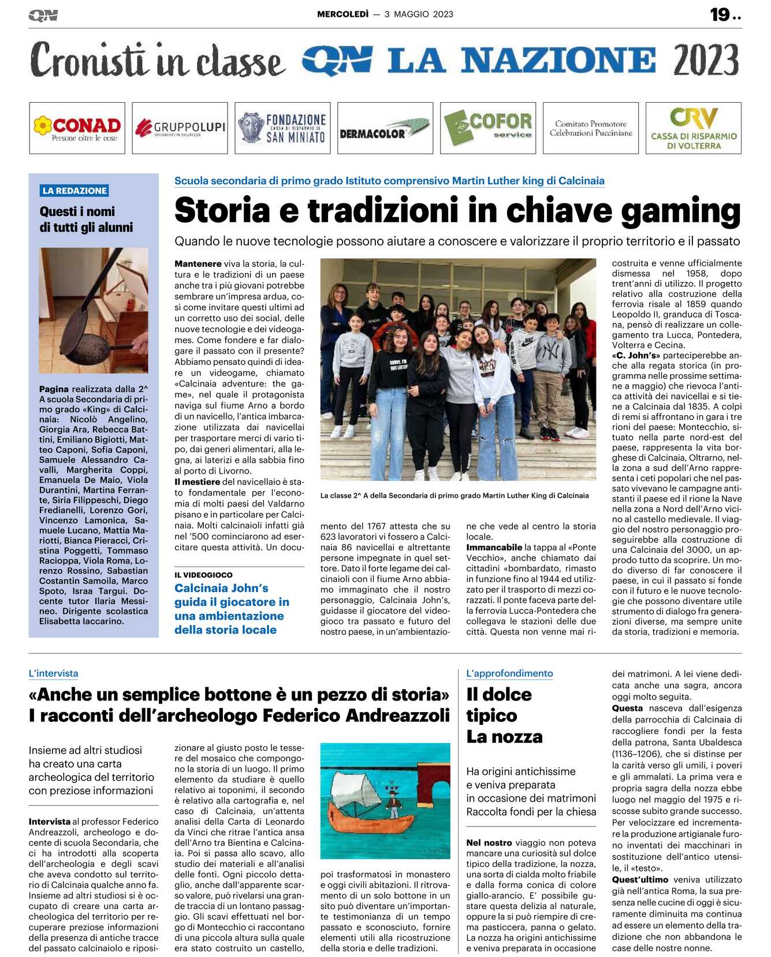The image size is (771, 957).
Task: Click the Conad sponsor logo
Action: pos(77,128)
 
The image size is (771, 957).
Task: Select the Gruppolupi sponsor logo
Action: pos(180,128)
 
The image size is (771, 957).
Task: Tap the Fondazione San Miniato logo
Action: pos(282,128)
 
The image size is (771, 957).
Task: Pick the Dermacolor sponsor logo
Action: pos(385,128)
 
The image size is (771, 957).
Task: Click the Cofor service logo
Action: pos(488,128)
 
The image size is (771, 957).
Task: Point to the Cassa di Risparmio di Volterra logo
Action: pos(694,128)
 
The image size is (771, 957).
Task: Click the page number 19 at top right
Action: pos(720,14)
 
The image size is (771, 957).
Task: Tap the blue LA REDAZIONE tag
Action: pos(75,191)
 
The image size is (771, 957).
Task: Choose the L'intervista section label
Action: pos(53,673)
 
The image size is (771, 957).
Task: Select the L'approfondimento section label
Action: pos(509,673)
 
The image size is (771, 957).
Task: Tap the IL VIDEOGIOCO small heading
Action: pos(203,575)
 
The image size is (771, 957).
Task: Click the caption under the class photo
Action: pos(455,496)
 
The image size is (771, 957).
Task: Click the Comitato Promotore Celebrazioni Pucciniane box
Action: pos(591,128)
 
